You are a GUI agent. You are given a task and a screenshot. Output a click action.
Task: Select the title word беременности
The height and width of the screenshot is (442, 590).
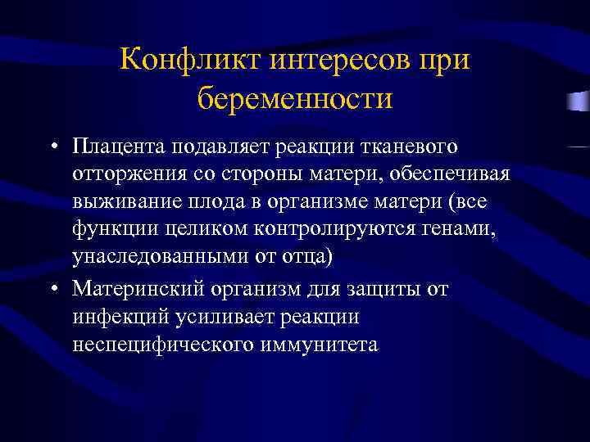point(295,98)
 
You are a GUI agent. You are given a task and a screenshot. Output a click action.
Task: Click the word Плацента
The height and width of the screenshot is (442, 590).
point(119,147)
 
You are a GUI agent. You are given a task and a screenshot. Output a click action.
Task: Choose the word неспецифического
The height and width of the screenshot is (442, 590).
point(162,345)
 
